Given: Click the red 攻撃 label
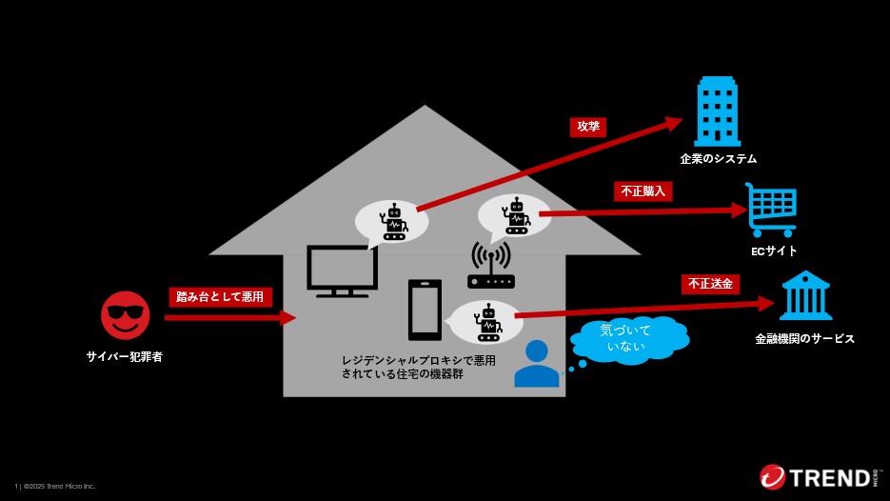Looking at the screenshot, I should (x=588, y=126).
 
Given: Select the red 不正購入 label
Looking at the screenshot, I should (x=643, y=191).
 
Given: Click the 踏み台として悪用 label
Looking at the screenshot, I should (x=221, y=296).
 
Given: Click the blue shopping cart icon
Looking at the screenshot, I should (x=771, y=210).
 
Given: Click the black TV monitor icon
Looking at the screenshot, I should (x=342, y=271).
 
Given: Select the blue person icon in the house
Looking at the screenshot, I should (x=537, y=364).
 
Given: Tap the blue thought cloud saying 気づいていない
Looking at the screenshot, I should (x=628, y=338).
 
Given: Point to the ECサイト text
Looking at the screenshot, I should (x=773, y=251).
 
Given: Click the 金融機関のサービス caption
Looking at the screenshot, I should (x=804, y=338).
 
